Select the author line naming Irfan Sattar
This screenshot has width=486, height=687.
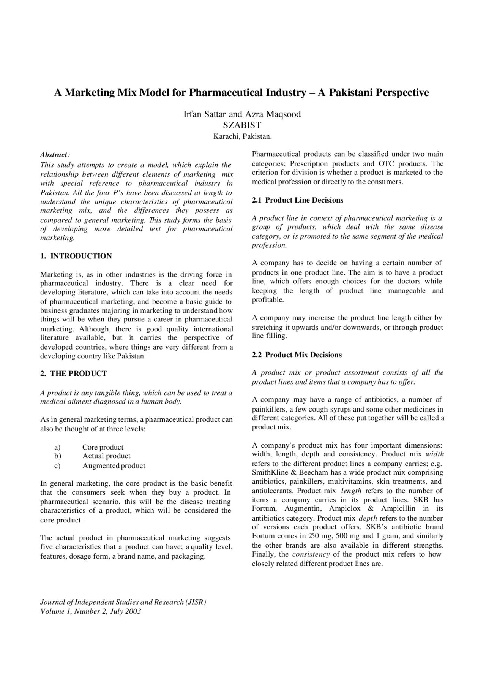click(x=242, y=114)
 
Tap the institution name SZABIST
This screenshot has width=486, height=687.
click(x=242, y=125)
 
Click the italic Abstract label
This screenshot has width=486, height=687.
click(x=54, y=155)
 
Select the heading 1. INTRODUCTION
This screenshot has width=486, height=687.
click(x=76, y=256)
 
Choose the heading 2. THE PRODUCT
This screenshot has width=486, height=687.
click(x=73, y=374)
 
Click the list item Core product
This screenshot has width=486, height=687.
click(x=103, y=447)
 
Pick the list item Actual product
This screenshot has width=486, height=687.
click(x=106, y=456)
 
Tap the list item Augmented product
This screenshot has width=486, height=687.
click(x=114, y=465)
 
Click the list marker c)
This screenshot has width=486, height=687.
click(x=57, y=465)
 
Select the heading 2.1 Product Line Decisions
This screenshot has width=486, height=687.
click(x=298, y=200)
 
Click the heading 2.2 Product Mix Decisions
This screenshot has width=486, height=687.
click(x=297, y=355)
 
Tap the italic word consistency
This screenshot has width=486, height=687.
click(x=311, y=554)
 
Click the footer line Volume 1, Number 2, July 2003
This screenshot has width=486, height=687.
click(x=91, y=611)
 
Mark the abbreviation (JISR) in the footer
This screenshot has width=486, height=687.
click(x=196, y=602)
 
